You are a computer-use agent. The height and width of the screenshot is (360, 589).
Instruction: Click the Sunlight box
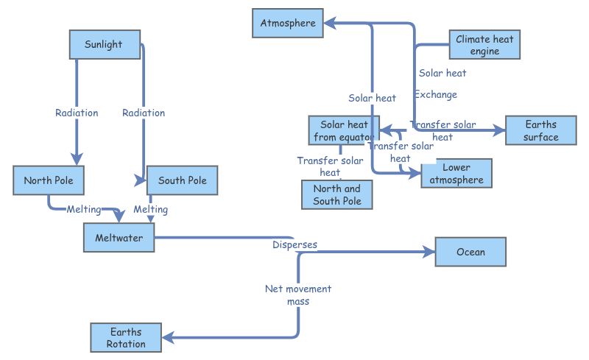tap(104, 45)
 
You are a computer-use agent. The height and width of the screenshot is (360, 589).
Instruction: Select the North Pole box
tap(49, 181)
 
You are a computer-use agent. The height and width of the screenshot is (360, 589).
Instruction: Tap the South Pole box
tap(183, 181)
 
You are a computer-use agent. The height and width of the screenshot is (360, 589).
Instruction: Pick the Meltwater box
tap(119, 238)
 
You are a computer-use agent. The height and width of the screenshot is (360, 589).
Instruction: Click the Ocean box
tap(470, 252)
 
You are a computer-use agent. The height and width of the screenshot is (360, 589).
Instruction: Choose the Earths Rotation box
tap(126, 338)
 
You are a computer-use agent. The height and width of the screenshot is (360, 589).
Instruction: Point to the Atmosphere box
tap(288, 24)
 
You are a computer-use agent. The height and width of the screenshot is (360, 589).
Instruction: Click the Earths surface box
tap(541, 130)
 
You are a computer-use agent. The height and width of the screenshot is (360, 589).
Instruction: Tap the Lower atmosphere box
tap(456, 174)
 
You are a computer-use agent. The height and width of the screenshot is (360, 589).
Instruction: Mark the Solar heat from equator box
tap(343, 130)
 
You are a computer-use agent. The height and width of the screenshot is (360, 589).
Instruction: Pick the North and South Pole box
tap(337, 194)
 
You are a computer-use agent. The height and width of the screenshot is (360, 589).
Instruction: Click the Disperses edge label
tap(294, 244)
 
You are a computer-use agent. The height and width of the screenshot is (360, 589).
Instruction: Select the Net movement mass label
tap(298, 294)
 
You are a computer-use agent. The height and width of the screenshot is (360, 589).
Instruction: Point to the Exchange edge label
tap(435, 94)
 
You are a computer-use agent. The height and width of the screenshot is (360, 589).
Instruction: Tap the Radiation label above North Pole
tap(77, 113)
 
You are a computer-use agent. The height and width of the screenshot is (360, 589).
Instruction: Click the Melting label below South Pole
tap(150, 210)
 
